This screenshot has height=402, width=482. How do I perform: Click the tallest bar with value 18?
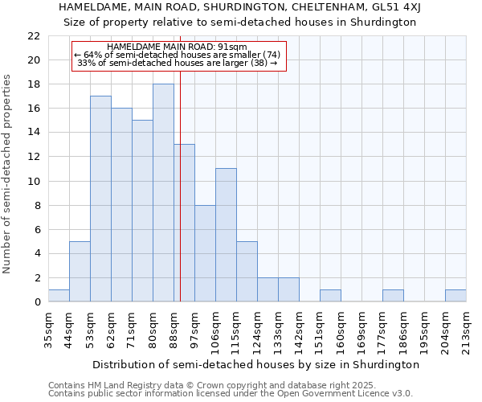coord(163,193)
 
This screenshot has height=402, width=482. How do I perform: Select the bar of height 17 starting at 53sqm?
coord(100,199)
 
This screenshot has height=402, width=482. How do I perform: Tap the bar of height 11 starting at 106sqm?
coord(226,235)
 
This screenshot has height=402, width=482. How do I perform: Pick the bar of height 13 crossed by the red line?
coord(184,223)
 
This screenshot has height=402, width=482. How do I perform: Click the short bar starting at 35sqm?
coord(59,296)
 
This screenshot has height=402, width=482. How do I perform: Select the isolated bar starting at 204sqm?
coord(455,296)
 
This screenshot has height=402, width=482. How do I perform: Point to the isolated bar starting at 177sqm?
coord(393,296)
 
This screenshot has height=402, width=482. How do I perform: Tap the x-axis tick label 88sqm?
coord(174,330)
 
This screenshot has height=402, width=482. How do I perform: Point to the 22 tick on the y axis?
coord(34,36)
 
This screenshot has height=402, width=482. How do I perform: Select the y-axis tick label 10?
coord(34,181)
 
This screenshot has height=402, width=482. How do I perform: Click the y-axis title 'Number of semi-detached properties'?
coord(8,174)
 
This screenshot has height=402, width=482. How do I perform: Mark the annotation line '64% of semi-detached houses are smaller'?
coord(178,55)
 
